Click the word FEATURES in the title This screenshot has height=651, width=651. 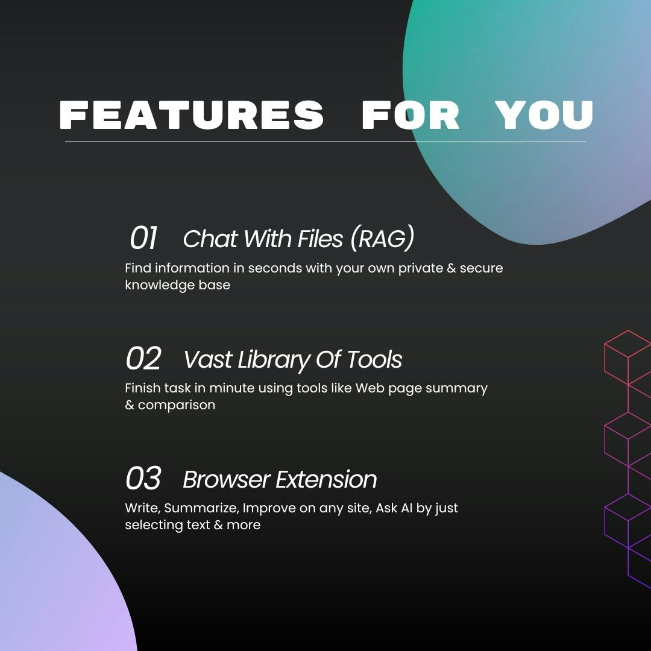pos(192,115)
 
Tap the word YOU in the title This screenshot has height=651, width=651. pos(544,115)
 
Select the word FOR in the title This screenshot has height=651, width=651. pos(410,115)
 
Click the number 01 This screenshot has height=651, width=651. pos(143,238)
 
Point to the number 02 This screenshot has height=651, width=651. pos(143,358)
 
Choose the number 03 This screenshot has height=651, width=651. pos(143,478)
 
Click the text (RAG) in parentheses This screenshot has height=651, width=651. pos(382,239)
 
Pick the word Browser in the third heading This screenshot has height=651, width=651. pos(226,480)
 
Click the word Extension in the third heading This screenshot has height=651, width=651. pos(326,480)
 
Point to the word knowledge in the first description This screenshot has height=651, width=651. pos(160,285)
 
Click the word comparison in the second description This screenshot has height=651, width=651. pos(177,406)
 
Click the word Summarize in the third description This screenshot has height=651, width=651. pos(201,508)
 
